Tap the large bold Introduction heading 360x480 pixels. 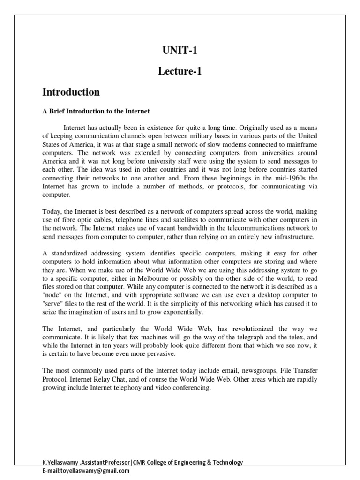coord(71,92)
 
